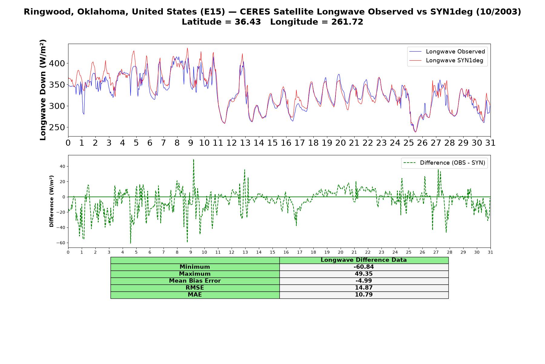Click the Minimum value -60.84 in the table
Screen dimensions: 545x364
[364, 267]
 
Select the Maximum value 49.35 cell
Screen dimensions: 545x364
[364, 274]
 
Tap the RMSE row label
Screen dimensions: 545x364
[195, 288]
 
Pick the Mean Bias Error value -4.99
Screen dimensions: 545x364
[364, 281]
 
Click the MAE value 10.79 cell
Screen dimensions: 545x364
[364, 295]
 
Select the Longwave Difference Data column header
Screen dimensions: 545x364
[364, 260]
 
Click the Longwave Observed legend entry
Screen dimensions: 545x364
[447, 52]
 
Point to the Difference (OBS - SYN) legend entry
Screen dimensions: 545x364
[444, 163]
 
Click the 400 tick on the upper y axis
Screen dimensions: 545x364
[57, 63]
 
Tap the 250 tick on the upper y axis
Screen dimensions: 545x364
[57, 127]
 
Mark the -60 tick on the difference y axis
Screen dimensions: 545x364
[61, 243]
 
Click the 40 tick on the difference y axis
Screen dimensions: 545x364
[62, 167]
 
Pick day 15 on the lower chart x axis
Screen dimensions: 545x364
[272, 252]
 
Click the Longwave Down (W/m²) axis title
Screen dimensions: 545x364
[43, 90]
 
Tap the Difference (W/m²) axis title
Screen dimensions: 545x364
[51, 201]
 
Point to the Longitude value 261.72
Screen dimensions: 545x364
[343, 22]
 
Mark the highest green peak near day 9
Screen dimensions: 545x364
[193, 159]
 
